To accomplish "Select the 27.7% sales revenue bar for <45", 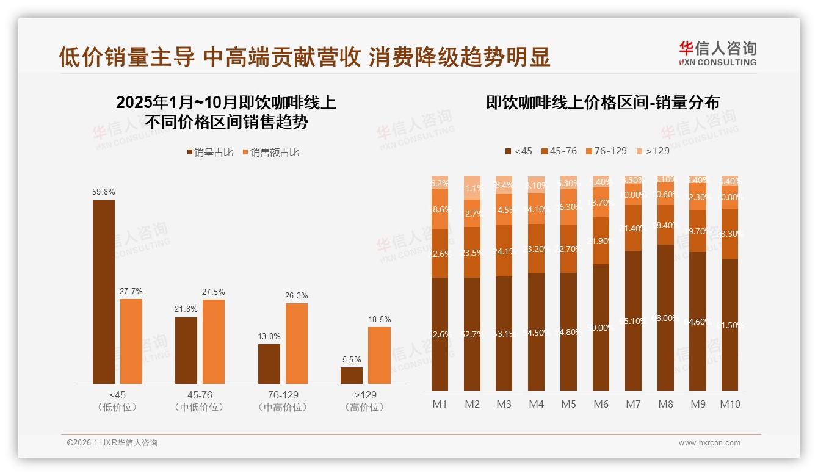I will [x=131, y=341].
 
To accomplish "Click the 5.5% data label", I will [x=352, y=359].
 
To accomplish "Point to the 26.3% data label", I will [x=297, y=295].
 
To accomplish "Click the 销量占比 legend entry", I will [x=211, y=153].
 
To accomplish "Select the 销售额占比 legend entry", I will [x=271, y=153].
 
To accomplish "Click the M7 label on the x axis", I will [x=633, y=404].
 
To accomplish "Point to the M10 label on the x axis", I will [x=729, y=404].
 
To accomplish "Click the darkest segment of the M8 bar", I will [x=665, y=317].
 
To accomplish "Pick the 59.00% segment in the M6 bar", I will [x=601, y=327].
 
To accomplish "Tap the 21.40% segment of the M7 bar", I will [x=633, y=228].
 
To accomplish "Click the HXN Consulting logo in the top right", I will [x=717, y=53].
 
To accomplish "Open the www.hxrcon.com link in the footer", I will [x=709, y=443].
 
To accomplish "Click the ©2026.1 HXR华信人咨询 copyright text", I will [x=112, y=443].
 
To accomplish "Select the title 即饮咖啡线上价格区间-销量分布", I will [x=603, y=102].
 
